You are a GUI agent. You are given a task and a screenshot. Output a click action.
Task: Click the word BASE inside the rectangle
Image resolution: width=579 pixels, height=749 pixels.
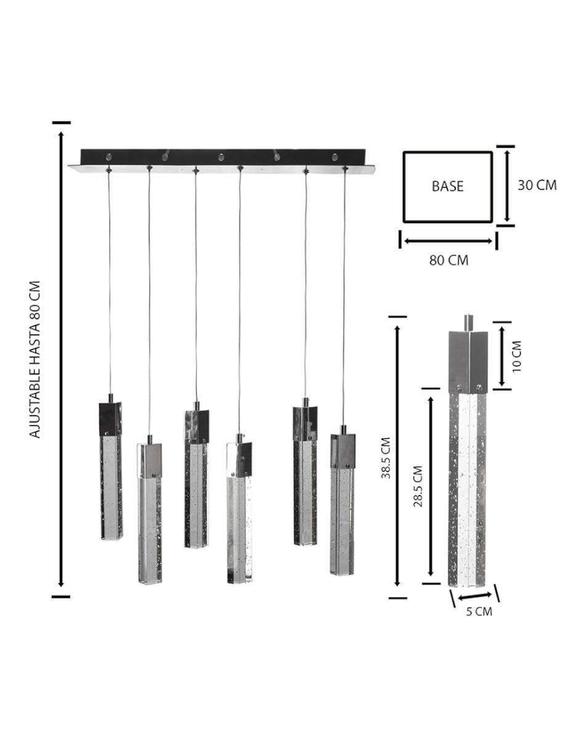447,186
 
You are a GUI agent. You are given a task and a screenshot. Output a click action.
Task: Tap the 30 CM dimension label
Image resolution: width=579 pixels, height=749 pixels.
537,185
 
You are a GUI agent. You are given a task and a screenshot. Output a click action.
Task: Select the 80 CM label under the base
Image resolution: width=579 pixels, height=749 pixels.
448,260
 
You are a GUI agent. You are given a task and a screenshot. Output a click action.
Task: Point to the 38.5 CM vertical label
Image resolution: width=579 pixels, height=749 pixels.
386,458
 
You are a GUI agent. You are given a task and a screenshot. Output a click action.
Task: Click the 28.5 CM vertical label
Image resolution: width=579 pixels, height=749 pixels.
418,486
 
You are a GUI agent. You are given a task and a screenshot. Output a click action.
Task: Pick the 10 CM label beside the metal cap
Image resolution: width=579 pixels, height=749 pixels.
517,356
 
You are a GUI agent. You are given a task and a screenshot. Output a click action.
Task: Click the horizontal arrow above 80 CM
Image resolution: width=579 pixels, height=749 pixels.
448,241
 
